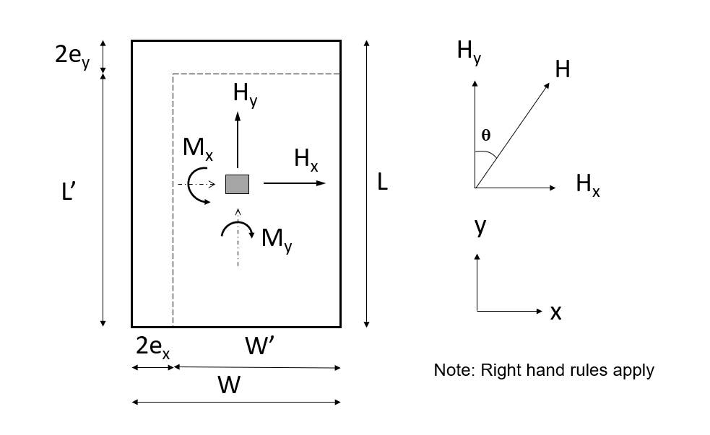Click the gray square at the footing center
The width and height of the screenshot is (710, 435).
(x=237, y=184)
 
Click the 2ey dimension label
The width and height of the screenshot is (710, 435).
(x=72, y=56)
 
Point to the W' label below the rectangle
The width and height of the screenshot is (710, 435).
(x=259, y=346)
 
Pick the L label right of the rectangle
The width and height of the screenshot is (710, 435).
(x=383, y=183)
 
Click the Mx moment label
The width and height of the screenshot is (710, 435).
(x=197, y=149)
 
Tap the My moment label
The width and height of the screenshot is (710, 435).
(x=277, y=238)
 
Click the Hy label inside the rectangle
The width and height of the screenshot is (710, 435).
(x=244, y=94)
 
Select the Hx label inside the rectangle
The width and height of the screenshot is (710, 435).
(x=306, y=159)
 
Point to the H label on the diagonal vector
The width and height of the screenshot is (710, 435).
(x=562, y=69)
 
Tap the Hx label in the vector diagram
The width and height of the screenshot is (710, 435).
(x=587, y=185)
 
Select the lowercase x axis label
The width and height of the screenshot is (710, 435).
(x=555, y=312)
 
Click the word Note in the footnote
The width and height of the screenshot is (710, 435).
(x=449, y=371)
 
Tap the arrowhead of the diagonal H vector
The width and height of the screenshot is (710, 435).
(x=547, y=84)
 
